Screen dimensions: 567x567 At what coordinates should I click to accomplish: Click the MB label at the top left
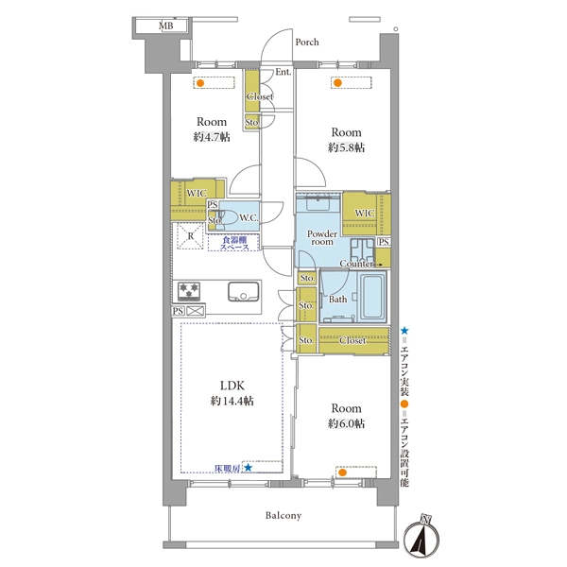166,26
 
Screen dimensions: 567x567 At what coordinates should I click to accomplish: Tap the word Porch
307,42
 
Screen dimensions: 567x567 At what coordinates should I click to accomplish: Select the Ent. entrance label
283,72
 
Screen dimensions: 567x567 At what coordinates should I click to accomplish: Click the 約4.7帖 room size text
212,137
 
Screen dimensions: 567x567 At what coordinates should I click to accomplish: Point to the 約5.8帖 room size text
346,147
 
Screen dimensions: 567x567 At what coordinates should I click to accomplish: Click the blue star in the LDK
248,468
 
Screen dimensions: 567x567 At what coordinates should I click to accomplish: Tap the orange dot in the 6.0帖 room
343,472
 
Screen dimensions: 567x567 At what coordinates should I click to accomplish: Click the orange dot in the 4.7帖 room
200,83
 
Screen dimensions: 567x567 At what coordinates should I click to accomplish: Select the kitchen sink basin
243,291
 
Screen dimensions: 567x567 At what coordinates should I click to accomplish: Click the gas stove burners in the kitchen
189,291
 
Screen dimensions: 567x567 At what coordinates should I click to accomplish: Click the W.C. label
249,218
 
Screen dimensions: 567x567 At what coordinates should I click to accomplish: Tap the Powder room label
322,237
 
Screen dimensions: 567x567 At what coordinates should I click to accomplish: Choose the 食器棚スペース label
234,244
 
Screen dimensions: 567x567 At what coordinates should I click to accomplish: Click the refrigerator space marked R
190,236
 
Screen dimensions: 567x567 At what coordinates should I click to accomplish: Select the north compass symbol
421,534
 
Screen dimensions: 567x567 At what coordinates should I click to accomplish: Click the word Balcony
283,515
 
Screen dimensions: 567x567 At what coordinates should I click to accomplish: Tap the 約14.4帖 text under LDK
232,401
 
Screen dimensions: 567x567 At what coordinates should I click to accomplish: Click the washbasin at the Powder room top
318,203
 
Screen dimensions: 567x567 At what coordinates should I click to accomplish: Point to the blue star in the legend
404,331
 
